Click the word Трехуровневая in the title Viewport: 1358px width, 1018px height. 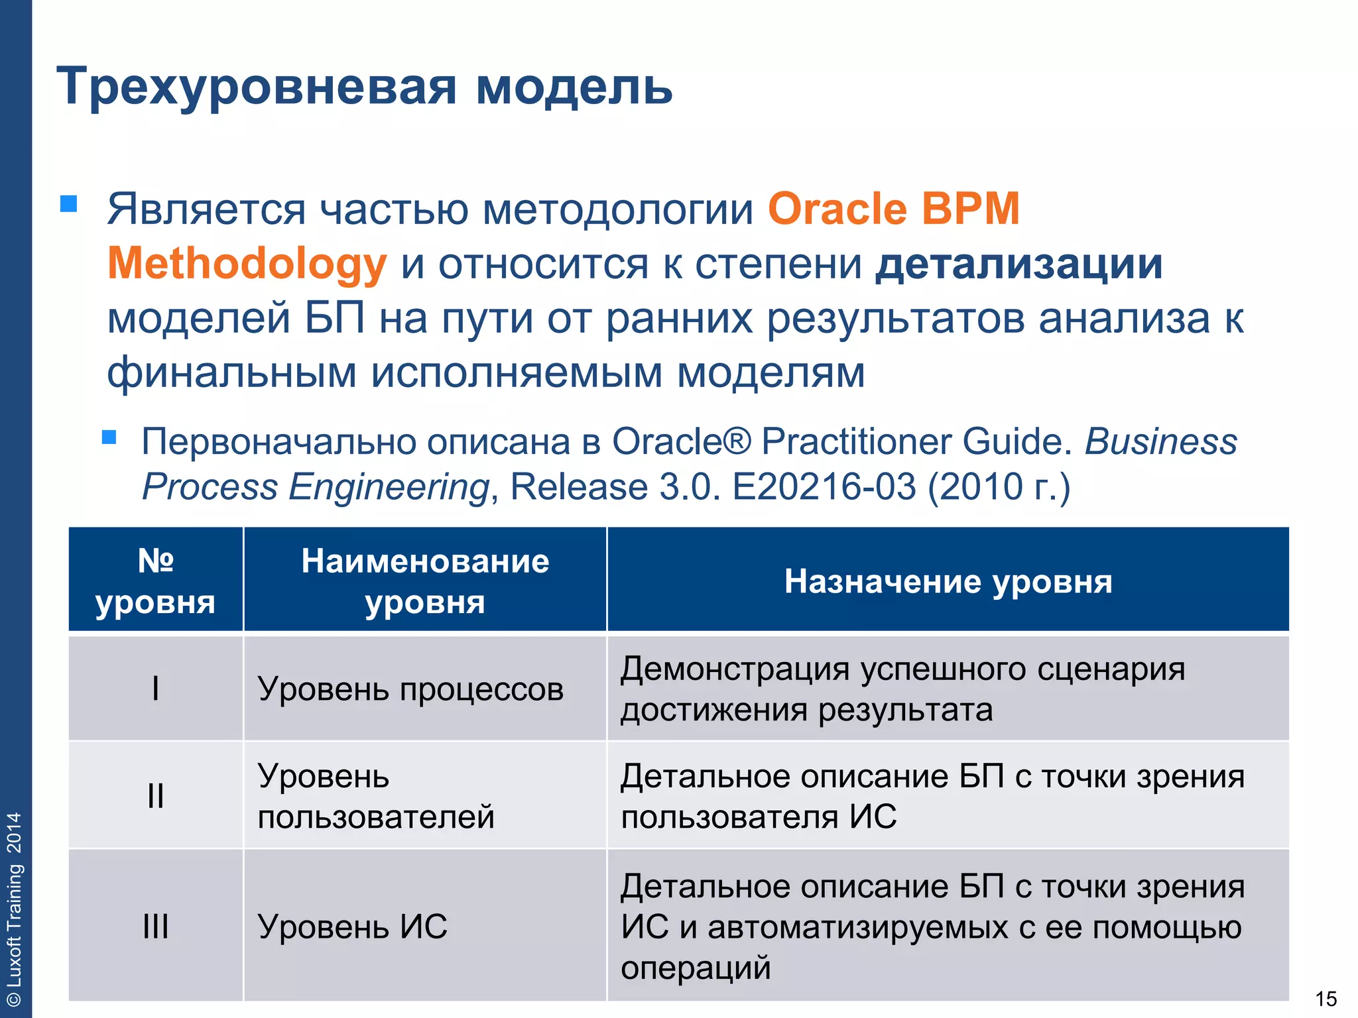[x=256, y=87]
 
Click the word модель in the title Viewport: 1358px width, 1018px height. [x=574, y=87]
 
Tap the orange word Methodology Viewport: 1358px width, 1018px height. [x=247, y=264]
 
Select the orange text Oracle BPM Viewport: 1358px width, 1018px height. [x=893, y=209]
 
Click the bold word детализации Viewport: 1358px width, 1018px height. [x=1018, y=264]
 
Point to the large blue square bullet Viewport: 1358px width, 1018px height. [x=69, y=203]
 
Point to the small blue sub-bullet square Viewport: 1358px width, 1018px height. [x=109, y=437]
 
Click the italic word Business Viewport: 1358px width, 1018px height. [x=1160, y=441]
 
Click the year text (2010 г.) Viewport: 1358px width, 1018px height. [x=999, y=487]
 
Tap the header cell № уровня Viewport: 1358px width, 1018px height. [x=155, y=581]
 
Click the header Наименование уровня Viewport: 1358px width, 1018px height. [x=425, y=581]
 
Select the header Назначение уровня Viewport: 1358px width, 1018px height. [x=948, y=581]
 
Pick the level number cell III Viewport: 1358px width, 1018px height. [x=155, y=926]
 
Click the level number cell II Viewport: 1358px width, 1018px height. [x=155, y=795]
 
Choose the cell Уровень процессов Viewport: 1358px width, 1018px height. [x=410, y=689]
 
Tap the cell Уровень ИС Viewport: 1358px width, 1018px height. [x=352, y=926]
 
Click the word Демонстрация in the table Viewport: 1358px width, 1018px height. [x=734, y=668]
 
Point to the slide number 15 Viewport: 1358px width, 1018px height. [x=1326, y=998]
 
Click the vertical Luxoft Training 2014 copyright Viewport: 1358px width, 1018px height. [x=14, y=908]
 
